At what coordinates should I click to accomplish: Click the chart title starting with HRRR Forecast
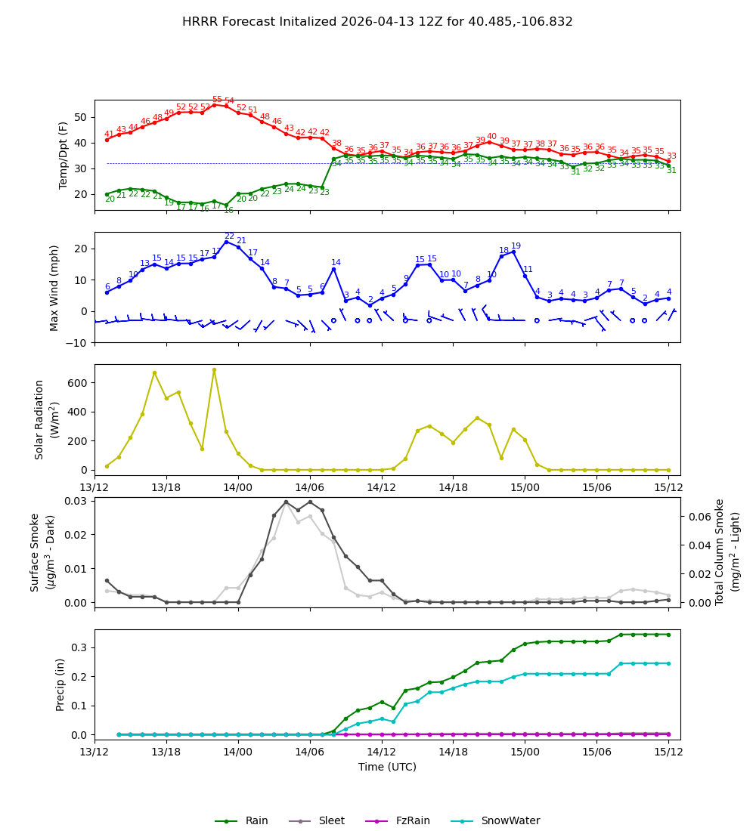coord(377,22)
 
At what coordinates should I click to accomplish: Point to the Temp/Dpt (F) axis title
coord(64,155)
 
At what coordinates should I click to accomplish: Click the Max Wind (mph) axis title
coord(54,287)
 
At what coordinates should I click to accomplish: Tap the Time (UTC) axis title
coord(387,767)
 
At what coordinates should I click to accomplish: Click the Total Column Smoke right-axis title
coord(727,552)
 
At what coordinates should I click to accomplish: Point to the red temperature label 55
coord(217,100)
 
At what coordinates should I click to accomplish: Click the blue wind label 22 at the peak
coord(229,236)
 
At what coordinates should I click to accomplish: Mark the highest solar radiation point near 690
coord(214,370)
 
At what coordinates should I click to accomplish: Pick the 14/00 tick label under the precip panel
coord(238,752)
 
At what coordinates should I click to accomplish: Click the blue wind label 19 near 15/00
coord(516,246)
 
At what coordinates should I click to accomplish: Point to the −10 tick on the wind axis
coord(78,342)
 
